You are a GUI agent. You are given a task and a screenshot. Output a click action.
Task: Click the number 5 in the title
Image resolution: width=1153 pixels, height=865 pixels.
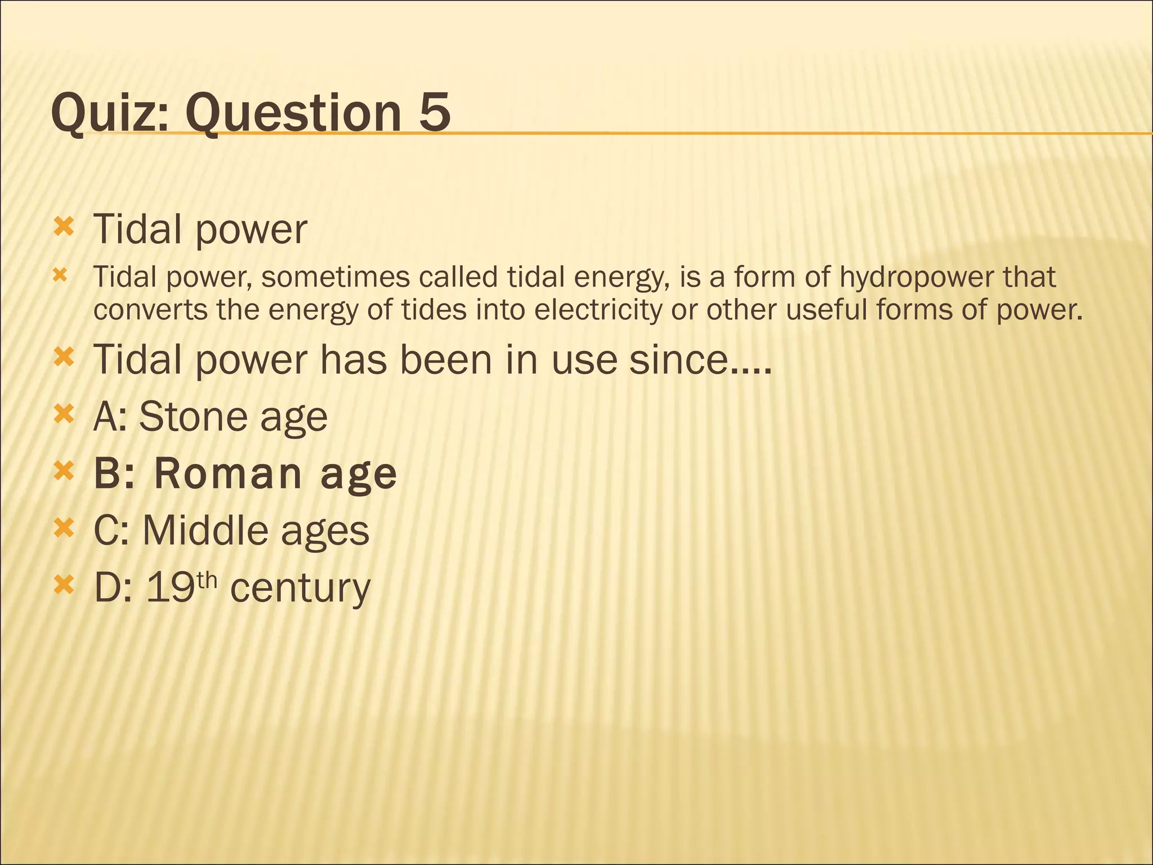[x=434, y=112]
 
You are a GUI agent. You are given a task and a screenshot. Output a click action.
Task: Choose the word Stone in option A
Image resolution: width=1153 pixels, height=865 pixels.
[x=193, y=417]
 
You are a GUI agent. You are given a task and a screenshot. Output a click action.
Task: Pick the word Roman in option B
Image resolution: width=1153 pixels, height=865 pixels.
[x=228, y=474]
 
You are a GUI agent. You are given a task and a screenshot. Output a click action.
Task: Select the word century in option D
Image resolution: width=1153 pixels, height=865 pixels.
[x=300, y=588]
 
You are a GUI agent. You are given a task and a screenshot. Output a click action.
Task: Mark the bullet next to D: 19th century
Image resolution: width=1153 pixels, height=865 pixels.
[x=64, y=586]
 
